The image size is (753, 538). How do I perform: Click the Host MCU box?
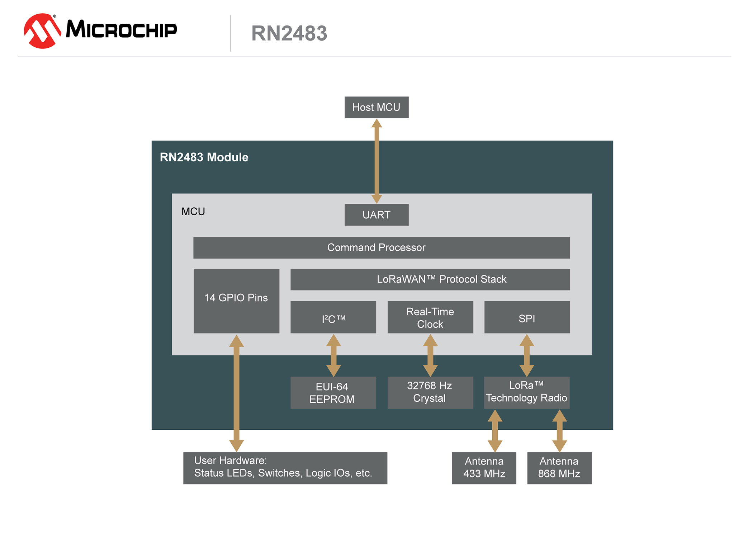pyautogui.click(x=376, y=107)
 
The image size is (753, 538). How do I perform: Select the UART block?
pyautogui.click(x=376, y=215)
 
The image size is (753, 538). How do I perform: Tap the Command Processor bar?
pyautogui.click(x=382, y=247)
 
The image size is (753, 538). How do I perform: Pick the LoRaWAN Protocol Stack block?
pyautogui.click(x=430, y=279)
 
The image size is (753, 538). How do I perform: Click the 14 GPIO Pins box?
pyautogui.click(x=236, y=301)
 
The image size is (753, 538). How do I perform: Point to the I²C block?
pyautogui.click(x=333, y=317)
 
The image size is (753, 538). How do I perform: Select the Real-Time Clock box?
pyautogui.click(x=430, y=317)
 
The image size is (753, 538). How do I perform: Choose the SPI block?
pyautogui.click(x=527, y=317)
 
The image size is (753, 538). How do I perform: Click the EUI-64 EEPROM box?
pyautogui.click(x=333, y=393)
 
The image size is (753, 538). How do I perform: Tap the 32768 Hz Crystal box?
pyautogui.click(x=430, y=393)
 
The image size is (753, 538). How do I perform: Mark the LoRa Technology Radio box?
pyautogui.click(x=527, y=393)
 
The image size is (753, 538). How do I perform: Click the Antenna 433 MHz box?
pyautogui.click(x=484, y=468)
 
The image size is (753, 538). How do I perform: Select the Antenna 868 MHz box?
pyautogui.click(x=559, y=468)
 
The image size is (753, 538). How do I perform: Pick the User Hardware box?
pyautogui.click(x=285, y=468)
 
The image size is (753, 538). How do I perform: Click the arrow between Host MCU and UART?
pyautogui.click(x=376, y=161)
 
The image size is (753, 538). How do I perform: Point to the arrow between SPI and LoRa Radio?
pyautogui.click(x=527, y=355)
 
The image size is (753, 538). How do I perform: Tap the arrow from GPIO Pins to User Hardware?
pyautogui.click(x=236, y=395)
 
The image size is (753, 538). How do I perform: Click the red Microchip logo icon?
pyautogui.click(x=42, y=31)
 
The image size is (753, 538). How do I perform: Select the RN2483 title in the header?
pyautogui.click(x=289, y=33)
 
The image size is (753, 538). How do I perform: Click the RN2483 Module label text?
pyautogui.click(x=204, y=157)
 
